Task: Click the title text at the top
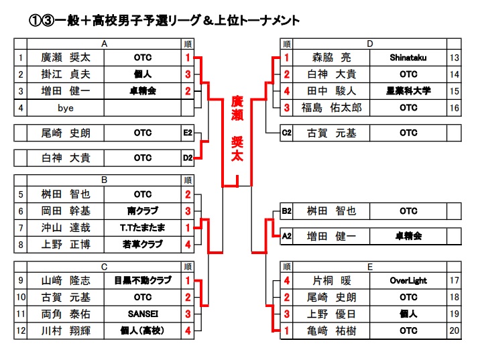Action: click(x=165, y=21)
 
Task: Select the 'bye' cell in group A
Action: click(x=66, y=107)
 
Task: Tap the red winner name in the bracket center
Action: click(x=237, y=127)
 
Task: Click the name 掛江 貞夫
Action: click(x=66, y=74)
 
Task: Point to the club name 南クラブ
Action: click(x=142, y=211)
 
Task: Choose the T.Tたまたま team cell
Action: click(x=142, y=228)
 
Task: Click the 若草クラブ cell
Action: click(x=142, y=245)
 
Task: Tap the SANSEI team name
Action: click(x=142, y=314)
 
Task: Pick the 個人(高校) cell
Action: click(x=142, y=331)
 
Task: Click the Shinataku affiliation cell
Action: click(x=408, y=58)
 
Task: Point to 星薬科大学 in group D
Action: click(x=408, y=91)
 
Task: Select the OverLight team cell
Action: click(x=408, y=281)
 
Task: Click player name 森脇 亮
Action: click(x=332, y=58)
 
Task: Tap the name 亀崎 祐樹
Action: click(x=332, y=331)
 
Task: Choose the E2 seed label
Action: click(x=188, y=133)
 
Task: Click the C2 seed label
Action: click(x=286, y=133)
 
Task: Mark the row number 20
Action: click(x=455, y=331)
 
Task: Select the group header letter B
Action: click(x=104, y=180)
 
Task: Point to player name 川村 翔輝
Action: click(x=66, y=331)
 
